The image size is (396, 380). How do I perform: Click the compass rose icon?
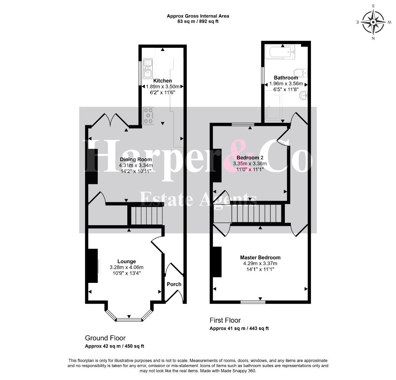373,22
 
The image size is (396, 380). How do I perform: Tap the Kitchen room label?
162,81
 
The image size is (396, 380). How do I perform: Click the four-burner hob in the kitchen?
148,116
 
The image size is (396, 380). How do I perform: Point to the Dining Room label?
136,159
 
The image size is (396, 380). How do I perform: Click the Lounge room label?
127,261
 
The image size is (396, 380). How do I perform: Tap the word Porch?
174,284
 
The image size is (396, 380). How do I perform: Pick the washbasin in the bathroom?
303,96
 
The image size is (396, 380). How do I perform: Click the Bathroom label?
286,77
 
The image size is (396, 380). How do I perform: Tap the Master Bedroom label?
260,258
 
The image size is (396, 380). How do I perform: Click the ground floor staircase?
146,215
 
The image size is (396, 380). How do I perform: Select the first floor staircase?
256,213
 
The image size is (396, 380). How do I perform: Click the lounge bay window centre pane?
129,319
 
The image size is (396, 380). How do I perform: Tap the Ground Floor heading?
105,338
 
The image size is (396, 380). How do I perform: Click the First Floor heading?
225,320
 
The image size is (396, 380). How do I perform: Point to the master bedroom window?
253,302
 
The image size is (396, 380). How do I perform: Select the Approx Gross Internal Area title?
198,16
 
